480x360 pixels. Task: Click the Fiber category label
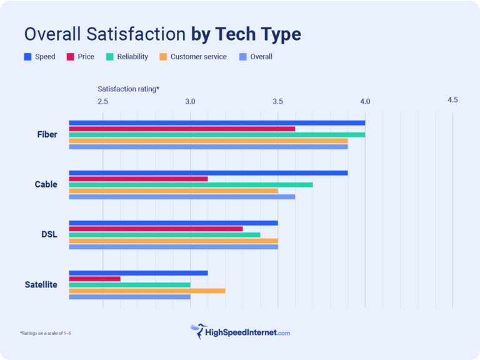47,134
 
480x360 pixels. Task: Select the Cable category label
46,184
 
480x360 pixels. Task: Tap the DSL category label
49,234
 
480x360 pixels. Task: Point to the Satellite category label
41,284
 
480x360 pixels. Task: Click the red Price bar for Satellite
94,279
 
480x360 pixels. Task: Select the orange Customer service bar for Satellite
147,291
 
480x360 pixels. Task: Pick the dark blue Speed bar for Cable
208,172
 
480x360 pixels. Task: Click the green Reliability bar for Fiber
217,134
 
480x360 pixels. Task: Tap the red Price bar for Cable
138,179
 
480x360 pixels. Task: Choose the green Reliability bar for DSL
164,235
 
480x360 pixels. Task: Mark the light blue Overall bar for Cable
182,197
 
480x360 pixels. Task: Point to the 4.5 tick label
452,100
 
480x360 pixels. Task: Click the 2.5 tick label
102,101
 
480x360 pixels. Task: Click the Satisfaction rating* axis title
128,89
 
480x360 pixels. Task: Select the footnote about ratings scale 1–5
45,333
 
